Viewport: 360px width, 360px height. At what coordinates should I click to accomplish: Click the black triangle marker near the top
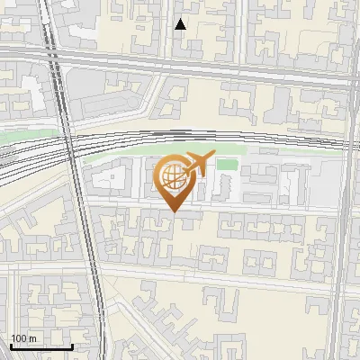[x=181, y=24]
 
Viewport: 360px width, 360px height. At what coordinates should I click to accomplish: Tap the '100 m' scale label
[x=23, y=338]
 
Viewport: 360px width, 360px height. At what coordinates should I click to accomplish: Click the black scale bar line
[x=41, y=346]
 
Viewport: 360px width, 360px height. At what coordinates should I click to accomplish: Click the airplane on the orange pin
[x=199, y=164]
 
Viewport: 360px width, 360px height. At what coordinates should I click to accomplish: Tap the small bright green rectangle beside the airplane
[x=228, y=164]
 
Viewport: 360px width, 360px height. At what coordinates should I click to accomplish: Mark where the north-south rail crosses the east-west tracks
[x=68, y=144]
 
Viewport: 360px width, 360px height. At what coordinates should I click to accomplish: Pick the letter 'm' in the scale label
[x=31, y=338]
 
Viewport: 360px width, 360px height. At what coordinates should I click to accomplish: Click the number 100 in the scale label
[x=18, y=338]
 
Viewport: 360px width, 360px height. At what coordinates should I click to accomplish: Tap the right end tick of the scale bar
[x=73, y=346]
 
